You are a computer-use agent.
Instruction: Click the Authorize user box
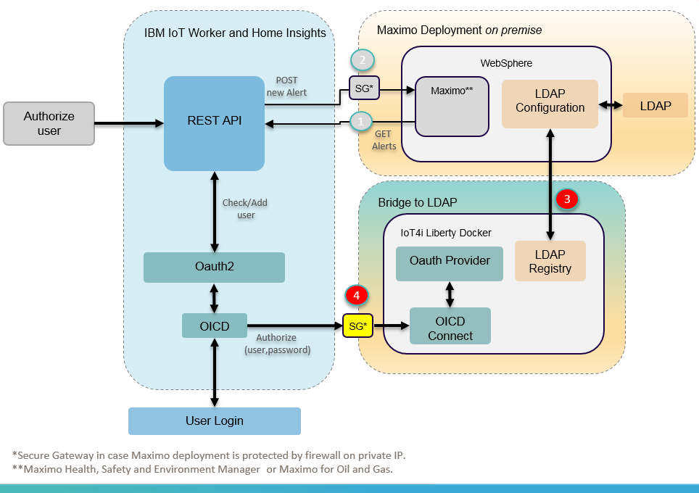point(49,123)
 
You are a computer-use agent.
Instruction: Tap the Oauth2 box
point(214,267)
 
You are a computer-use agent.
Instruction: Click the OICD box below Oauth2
point(214,326)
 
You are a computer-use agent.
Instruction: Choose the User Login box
point(214,420)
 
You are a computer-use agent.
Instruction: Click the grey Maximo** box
point(452,107)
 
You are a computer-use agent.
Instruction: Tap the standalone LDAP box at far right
point(655,106)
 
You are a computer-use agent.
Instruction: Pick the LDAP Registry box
point(550,261)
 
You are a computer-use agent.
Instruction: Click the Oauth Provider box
point(450,261)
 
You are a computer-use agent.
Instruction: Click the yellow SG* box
point(357,326)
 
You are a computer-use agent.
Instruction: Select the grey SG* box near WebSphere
point(362,90)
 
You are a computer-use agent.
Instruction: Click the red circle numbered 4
point(357,295)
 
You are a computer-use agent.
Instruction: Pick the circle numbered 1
point(362,121)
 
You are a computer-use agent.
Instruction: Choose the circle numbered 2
point(362,59)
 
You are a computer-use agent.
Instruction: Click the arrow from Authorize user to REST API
point(129,123)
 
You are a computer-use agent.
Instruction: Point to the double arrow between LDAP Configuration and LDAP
point(610,106)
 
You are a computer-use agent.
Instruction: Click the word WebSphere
point(506,63)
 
